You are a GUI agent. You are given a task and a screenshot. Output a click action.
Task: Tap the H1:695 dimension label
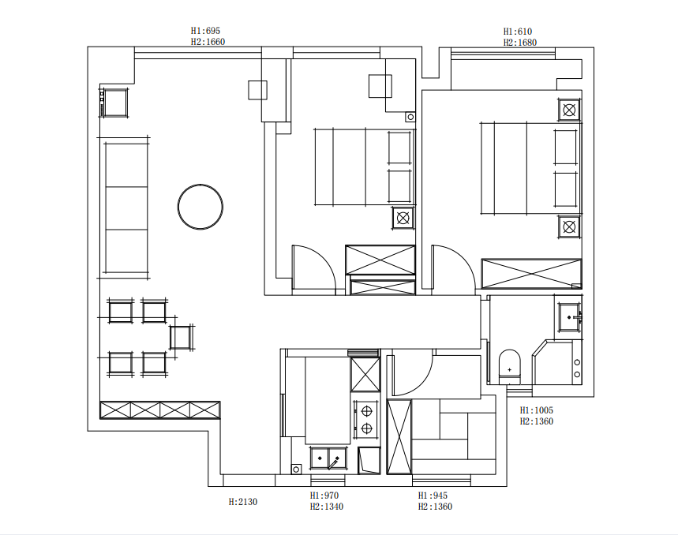[x=205, y=31]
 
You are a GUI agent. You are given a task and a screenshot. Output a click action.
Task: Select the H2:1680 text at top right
[x=519, y=43]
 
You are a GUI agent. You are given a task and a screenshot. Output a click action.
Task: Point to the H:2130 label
[x=243, y=502]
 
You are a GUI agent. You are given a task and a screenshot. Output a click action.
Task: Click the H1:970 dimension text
[x=324, y=496]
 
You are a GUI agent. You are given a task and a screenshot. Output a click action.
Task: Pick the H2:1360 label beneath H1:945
[x=435, y=507]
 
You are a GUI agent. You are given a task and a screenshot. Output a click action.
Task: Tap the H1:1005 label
[x=536, y=410]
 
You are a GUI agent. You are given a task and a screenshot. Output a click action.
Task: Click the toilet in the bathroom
[x=509, y=367]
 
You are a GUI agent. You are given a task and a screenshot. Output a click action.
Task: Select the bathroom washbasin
[x=569, y=317]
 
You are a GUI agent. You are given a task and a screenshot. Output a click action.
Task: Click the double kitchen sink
[x=328, y=458]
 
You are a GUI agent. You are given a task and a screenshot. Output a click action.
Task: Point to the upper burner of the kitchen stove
[x=367, y=410]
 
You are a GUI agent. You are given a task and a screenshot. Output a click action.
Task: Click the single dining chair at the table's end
[x=181, y=338]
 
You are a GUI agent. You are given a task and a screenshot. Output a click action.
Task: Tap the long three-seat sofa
[x=125, y=208]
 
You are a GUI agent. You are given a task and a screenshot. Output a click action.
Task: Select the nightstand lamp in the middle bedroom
[x=403, y=218]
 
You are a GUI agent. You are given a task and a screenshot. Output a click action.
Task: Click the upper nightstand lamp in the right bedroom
[x=569, y=110]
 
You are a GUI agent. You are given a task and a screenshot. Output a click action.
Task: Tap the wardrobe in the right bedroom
[x=531, y=274]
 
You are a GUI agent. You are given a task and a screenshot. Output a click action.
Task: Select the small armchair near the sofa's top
[x=115, y=103]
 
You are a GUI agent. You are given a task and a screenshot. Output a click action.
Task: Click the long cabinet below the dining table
[x=160, y=410]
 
